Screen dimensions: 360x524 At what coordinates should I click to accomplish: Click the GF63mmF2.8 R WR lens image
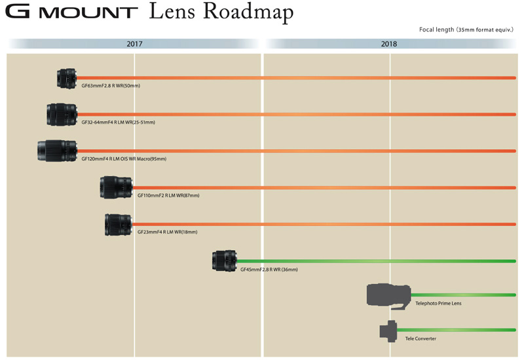pyautogui.click(x=67, y=79)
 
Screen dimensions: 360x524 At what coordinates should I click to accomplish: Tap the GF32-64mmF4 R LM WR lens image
pyautogui.click(x=62, y=115)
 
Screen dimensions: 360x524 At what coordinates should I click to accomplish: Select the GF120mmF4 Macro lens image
pyautogui.click(x=57, y=151)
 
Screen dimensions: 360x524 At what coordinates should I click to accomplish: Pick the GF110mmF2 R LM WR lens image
pyautogui.click(x=117, y=187)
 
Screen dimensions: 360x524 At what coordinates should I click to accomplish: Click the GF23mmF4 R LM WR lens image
pyautogui.click(x=119, y=225)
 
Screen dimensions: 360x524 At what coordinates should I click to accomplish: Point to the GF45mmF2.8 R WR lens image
pyautogui.click(x=224, y=261)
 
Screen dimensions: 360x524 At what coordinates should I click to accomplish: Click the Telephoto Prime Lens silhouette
pyautogui.click(x=389, y=295)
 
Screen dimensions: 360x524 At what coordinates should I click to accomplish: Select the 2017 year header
pyautogui.click(x=134, y=45)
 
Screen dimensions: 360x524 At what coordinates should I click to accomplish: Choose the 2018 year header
pyautogui.click(x=389, y=45)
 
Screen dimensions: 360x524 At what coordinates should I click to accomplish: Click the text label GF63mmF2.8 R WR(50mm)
pyautogui.click(x=111, y=86)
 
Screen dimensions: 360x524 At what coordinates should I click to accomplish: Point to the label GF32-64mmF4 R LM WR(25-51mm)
pyautogui.click(x=118, y=122)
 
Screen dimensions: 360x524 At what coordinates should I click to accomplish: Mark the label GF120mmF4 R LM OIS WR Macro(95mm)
pyautogui.click(x=124, y=159)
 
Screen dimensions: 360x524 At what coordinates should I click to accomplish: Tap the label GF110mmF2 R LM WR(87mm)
pyautogui.click(x=168, y=195)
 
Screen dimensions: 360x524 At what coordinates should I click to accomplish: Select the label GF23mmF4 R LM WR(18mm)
pyautogui.click(x=167, y=232)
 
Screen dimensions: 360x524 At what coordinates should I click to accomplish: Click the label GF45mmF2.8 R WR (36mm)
pyautogui.click(x=269, y=269)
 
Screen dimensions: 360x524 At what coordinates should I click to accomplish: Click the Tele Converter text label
pyautogui.click(x=421, y=338)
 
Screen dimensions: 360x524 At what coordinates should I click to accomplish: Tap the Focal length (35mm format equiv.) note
pyautogui.click(x=466, y=29)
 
